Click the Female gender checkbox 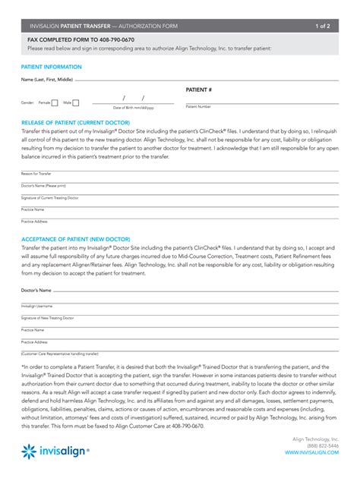55,102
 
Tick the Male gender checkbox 77,102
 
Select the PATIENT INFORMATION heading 52,67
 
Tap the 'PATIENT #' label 199,90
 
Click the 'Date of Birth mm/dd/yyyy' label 133,108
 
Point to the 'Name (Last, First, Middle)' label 47,79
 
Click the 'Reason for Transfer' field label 36,174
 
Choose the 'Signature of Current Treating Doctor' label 49,197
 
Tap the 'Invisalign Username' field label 37,307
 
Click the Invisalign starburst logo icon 29,452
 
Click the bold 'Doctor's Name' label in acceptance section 36,290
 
